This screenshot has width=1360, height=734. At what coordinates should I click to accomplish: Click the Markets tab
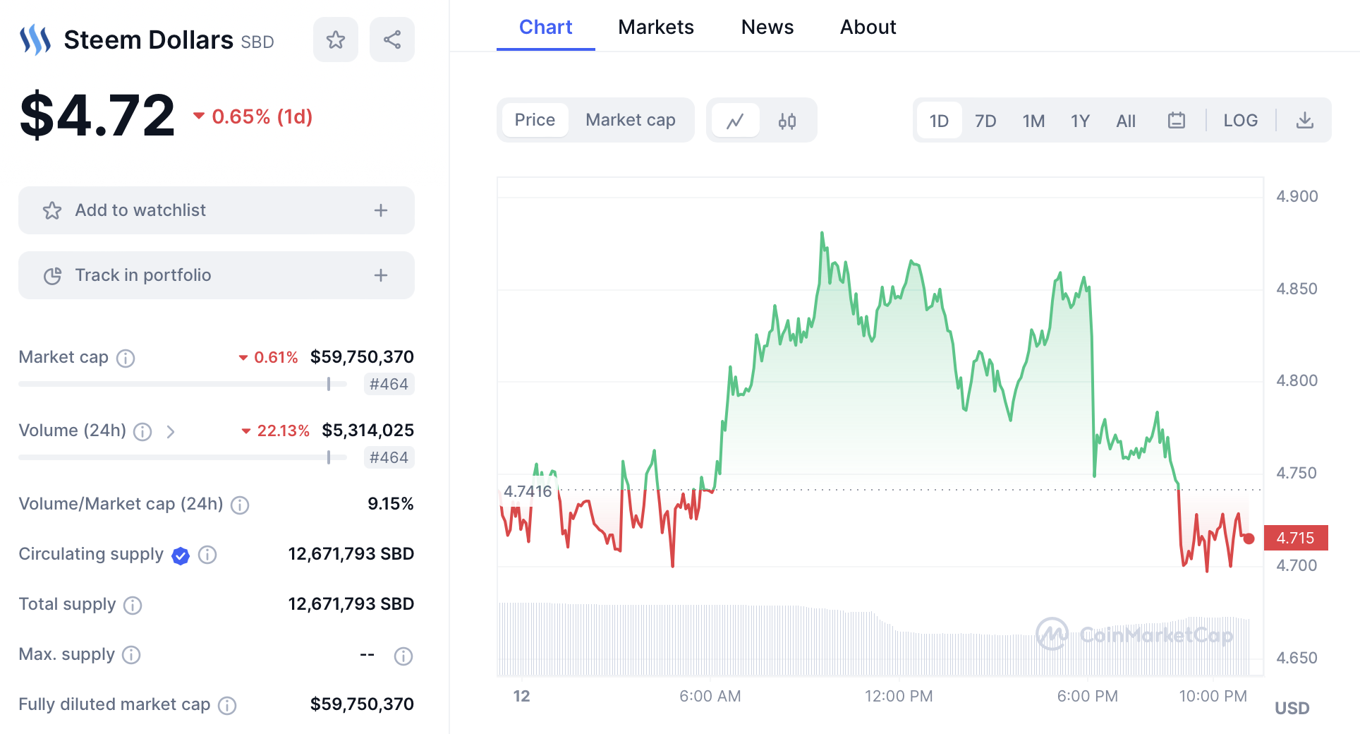point(655,27)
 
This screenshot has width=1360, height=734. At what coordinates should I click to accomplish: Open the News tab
point(767,27)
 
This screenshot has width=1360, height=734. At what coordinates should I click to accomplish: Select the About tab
point(868,27)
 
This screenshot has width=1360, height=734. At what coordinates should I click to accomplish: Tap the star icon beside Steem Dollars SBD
point(336,40)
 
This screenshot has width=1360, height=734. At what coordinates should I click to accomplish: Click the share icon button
point(392,40)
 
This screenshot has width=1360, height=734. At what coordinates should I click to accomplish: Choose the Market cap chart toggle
point(630,120)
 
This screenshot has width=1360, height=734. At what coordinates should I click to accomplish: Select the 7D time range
point(985,121)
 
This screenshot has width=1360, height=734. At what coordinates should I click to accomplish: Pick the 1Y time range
point(1080,121)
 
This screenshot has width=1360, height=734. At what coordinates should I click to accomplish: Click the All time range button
point(1126,121)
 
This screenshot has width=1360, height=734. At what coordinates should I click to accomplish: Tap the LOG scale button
point(1240,120)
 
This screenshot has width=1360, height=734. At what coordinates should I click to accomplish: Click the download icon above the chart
point(1305,120)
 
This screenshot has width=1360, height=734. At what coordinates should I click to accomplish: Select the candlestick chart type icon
point(787,121)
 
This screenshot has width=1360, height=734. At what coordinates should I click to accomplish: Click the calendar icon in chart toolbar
point(1177,120)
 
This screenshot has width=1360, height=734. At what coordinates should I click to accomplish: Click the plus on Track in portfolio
point(381,275)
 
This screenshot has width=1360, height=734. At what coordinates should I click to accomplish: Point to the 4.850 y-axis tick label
point(1297,289)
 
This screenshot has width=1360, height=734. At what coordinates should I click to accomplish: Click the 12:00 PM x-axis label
point(899,696)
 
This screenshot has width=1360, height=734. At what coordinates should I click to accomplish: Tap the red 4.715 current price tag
point(1296,538)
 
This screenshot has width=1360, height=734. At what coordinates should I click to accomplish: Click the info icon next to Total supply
point(133,605)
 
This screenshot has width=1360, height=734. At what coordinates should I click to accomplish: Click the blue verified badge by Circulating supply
point(181,555)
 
